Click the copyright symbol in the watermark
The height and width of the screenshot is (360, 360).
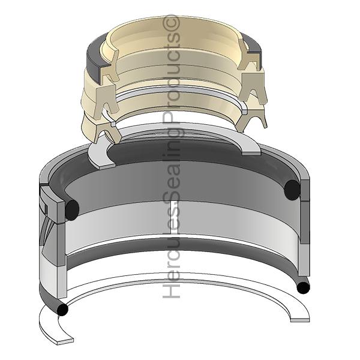[171, 22]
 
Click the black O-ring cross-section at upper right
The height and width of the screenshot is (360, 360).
[292, 190]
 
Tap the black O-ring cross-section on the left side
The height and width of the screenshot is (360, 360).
[72, 210]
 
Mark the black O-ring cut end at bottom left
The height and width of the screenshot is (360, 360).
[62, 310]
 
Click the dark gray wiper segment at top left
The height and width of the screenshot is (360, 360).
[96, 58]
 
